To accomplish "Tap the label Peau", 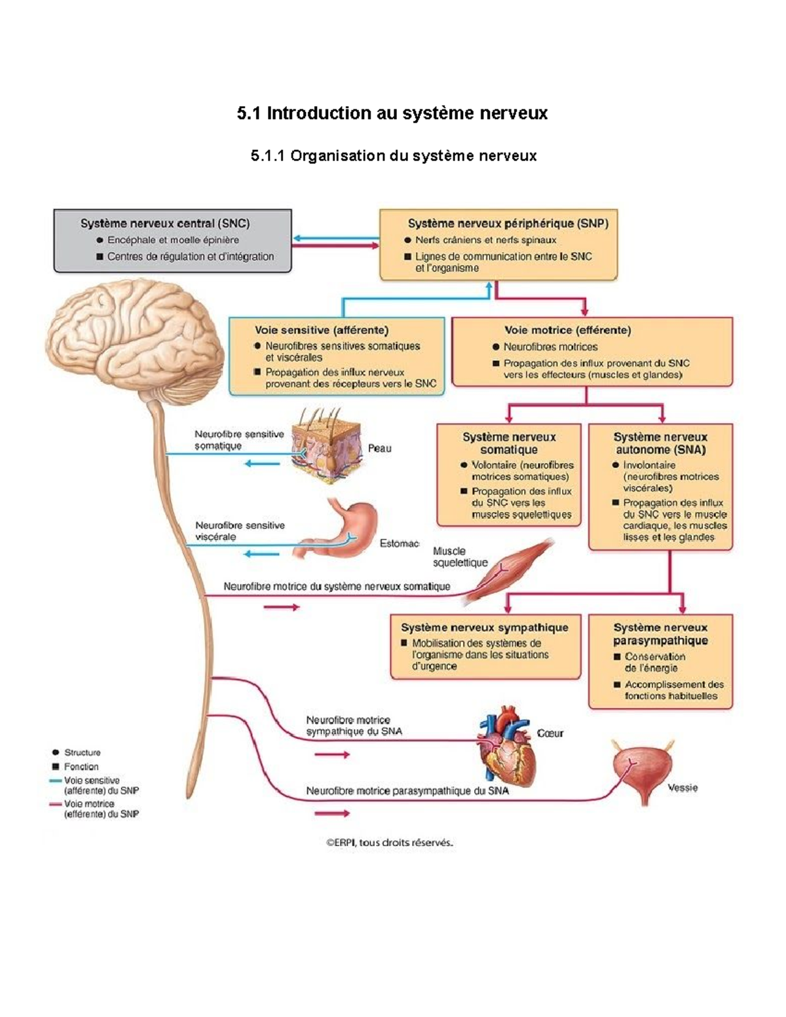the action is point(379,449).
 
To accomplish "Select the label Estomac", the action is point(400,544).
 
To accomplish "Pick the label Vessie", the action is point(683,788).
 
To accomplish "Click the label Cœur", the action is point(550,733).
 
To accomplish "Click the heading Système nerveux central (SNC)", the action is point(165,223).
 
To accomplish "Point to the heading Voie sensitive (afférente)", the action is point(322,330).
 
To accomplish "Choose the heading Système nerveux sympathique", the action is point(485,627).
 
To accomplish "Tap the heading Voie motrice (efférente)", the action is point(567,330).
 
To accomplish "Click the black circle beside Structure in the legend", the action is point(56,752).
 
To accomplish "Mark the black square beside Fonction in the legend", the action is point(56,766).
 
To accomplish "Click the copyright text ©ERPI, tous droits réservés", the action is point(390,843).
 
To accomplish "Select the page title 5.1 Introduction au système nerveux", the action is point(392,113).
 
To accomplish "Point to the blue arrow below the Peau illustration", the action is point(262,464).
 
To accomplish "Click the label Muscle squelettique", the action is point(460,557).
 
